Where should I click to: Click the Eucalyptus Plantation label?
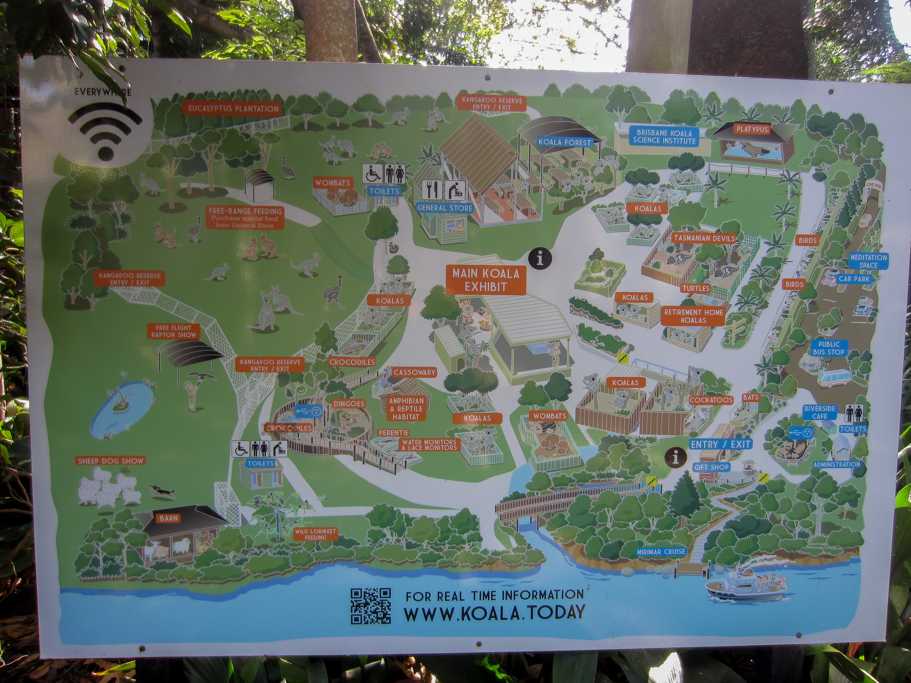tap(233, 109)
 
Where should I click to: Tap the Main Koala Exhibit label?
tap(486, 280)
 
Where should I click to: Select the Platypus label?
tap(752, 129)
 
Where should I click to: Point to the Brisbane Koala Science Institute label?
tap(664, 137)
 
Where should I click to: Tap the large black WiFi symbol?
tap(105, 130)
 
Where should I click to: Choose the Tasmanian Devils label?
tap(704, 238)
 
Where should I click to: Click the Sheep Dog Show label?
tap(111, 461)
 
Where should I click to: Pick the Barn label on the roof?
tap(169, 518)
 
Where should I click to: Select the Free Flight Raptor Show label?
tap(173, 331)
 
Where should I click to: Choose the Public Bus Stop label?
tap(829, 348)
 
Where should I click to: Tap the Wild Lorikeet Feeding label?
tap(315, 534)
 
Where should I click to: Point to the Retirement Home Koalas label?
tap(694, 316)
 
